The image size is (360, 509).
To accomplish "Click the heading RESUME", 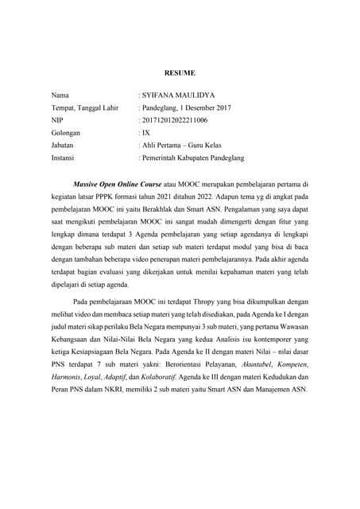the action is [x=180, y=73].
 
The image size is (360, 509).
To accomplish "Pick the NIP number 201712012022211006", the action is [x=175, y=120].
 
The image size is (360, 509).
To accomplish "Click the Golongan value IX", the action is [x=146, y=133].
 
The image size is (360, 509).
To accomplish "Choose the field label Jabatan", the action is [x=64, y=146].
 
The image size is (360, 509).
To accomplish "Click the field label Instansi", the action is [x=64, y=159].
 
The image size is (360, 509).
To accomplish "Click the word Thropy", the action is [x=196, y=302].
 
